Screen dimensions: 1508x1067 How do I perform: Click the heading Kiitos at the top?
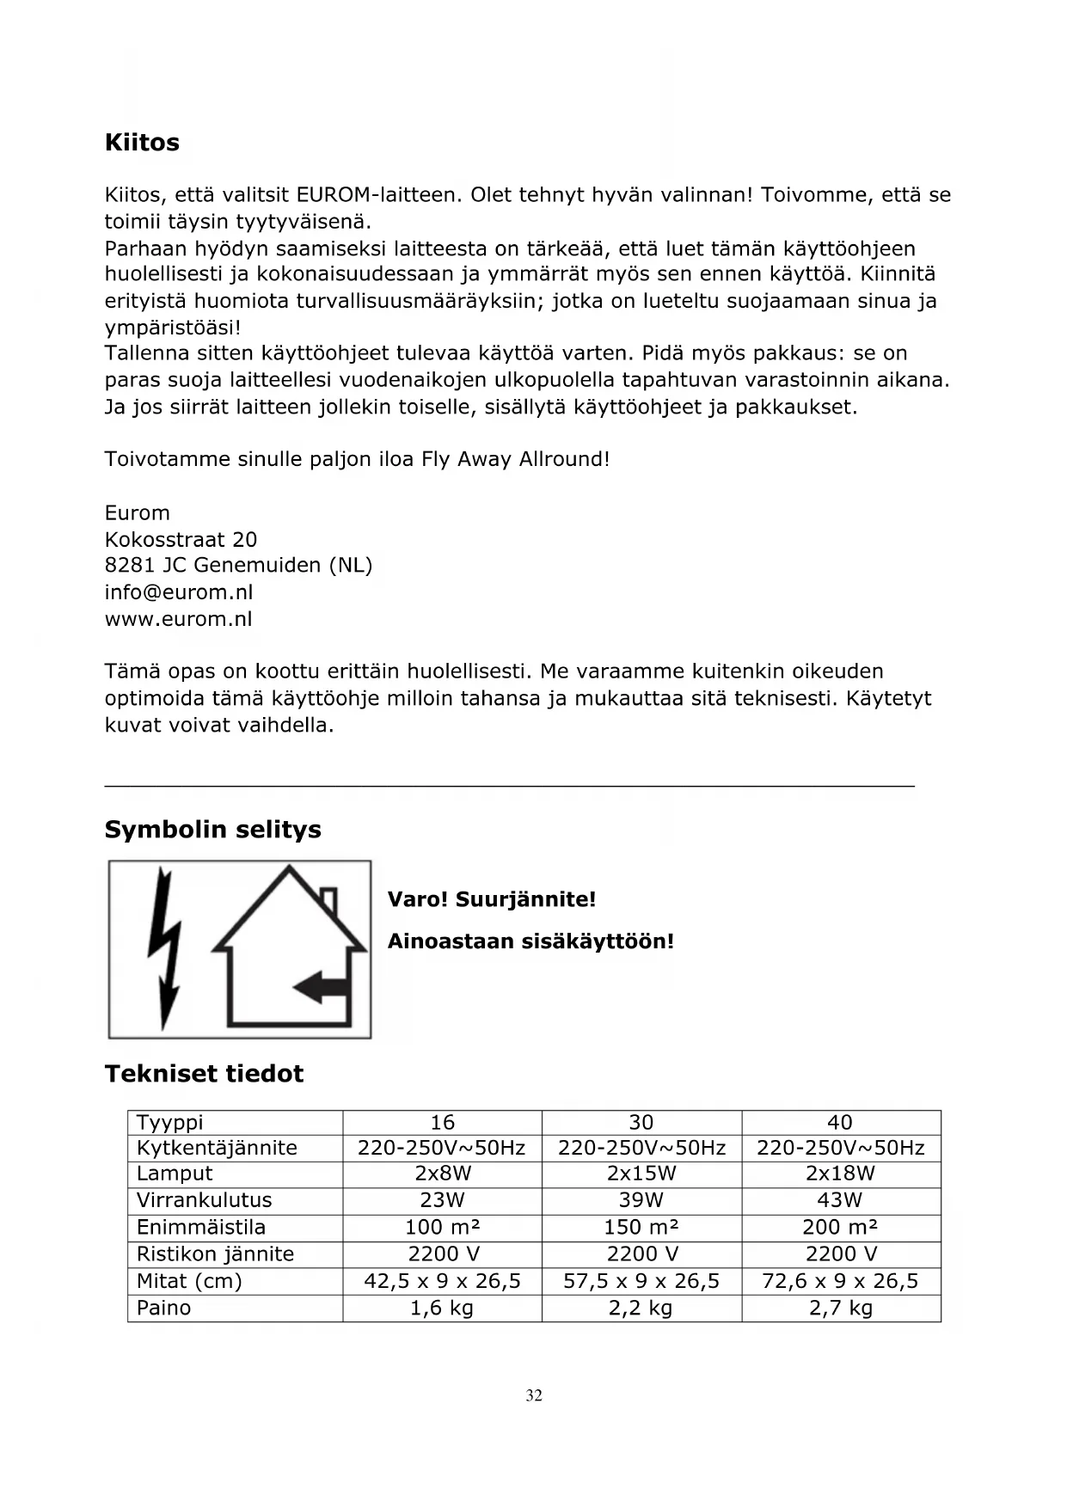click(x=142, y=142)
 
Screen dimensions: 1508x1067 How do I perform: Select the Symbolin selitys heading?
click(x=212, y=830)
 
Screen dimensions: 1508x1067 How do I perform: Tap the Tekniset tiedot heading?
click(x=204, y=1074)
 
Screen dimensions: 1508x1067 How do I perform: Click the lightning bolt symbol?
click(x=165, y=946)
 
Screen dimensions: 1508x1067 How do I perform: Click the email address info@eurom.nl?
click(x=179, y=592)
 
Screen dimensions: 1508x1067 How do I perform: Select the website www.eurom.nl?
click(x=178, y=619)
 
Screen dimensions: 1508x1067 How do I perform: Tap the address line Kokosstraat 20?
click(x=181, y=539)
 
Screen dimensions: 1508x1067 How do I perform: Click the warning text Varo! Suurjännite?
click(x=491, y=900)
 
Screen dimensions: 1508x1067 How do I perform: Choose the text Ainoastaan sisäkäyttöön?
click(x=530, y=941)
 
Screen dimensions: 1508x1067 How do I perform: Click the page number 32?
click(x=534, y=1395)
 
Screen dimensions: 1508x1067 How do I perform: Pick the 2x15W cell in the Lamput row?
click(x=641, y=1174)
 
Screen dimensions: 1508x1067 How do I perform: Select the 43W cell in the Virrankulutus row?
click(x=840, y=1200)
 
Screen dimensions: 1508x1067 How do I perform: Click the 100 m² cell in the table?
click(x=442, y=1227)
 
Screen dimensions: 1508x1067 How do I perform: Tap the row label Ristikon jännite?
click(x=215, y=1254)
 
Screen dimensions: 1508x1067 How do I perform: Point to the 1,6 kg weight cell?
click(x=442, y=1308)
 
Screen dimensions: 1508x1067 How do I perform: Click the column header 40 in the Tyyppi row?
click(x=840, y=1122)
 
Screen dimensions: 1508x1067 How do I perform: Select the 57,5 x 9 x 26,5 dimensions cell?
click(x=641, y=1281)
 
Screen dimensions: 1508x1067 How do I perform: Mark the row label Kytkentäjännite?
click(x=217, y=1148)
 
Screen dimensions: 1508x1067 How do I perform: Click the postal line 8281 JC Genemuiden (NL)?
click(x=238, y=566)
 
